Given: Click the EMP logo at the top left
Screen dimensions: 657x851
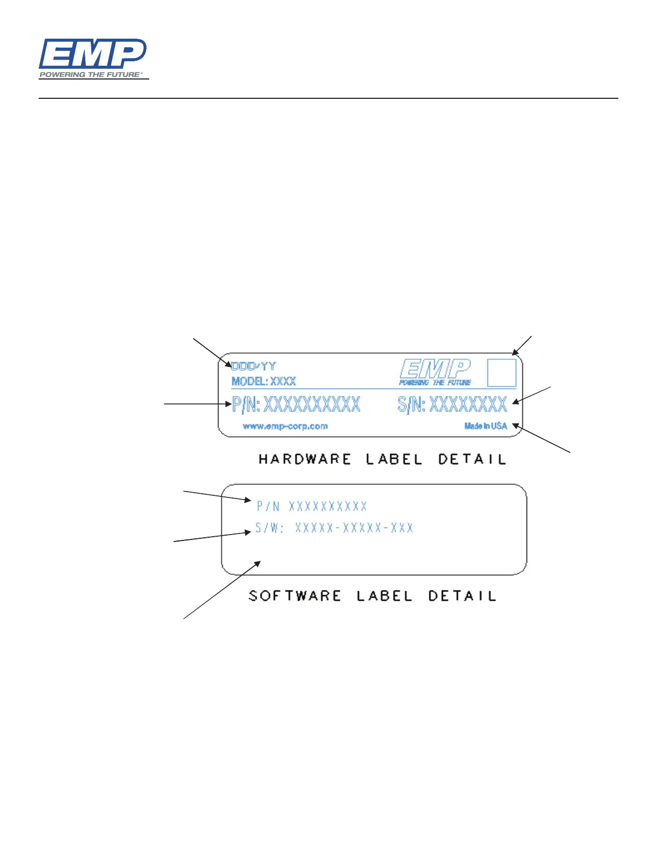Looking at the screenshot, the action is click(92, 54).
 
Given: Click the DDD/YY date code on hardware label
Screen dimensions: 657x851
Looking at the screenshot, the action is click(253, 366).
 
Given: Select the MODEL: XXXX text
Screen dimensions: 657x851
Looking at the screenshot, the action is click(264, 381).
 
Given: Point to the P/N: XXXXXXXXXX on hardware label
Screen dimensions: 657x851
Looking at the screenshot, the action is click(296, 404).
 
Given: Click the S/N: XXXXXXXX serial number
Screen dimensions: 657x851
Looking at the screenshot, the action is click(452, 404).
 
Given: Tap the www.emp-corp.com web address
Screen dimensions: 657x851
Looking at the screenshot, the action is click(285, 427).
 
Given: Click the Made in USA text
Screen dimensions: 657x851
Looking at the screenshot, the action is click(485, 426).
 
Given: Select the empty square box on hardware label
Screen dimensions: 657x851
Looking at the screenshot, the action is click(501, 372).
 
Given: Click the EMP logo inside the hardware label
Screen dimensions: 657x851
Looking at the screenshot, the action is click(435, 372).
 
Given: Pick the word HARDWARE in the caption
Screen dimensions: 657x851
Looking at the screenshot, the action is click(304, 459).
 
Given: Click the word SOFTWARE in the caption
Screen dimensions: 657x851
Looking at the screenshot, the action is click(295, 596).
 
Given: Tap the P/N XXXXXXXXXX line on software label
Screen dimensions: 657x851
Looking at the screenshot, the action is click(312, 506).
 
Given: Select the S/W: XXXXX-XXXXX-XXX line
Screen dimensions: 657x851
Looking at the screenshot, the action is click(334, 528).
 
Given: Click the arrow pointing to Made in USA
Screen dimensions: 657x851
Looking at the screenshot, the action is click(542, 438).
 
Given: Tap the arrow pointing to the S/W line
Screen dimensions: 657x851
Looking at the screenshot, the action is click(212, 537).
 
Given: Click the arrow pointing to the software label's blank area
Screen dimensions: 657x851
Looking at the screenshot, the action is click(222, 590).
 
